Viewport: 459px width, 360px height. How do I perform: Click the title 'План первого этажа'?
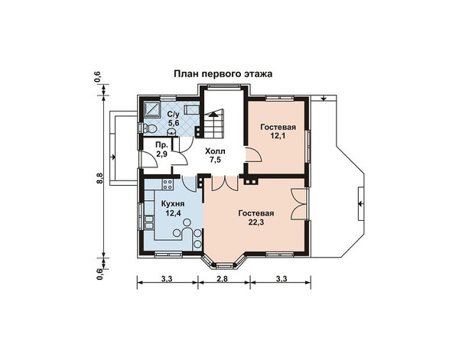tap(223, 74)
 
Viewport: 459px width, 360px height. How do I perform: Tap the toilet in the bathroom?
tap(150, 128)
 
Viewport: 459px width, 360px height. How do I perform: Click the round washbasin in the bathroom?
tap(171, 132)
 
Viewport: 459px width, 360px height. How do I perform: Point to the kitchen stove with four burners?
tap(168, 184)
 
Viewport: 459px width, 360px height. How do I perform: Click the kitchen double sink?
tap(149, 222)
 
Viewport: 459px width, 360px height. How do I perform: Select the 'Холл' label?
tap(215, 151)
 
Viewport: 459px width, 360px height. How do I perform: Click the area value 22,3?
tap(256, 222)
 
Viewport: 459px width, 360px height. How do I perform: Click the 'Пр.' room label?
tap(161, 145)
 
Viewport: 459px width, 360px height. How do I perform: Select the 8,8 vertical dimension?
tap(99, 178)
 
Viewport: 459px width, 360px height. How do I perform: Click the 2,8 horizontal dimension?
tap(223, 278)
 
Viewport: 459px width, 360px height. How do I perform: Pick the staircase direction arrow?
tap(214, 113)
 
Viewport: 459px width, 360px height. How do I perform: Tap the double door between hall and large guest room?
tap(224, 183)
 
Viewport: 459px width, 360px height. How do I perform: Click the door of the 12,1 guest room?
tap(252, 155)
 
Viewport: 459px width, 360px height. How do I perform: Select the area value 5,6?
tap(173, 122)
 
